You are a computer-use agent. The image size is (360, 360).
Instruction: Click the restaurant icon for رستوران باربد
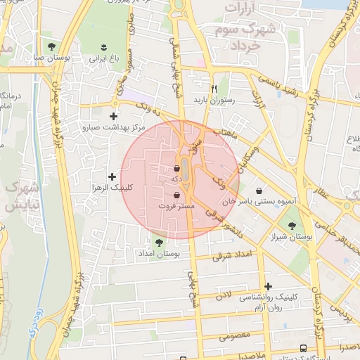215,89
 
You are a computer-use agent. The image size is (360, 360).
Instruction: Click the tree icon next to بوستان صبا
51,46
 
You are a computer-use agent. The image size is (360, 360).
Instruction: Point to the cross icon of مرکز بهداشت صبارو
113,116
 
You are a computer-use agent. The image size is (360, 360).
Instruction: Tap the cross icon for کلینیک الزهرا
112,175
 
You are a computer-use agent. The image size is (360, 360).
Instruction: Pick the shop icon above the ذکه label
176,168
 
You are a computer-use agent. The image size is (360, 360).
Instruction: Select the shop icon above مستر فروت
176,195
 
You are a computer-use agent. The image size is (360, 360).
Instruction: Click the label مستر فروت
176,207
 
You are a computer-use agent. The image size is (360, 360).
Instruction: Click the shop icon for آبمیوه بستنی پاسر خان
259,190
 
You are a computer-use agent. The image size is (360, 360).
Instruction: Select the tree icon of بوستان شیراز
292,226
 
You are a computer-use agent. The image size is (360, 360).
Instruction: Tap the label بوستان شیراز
292,238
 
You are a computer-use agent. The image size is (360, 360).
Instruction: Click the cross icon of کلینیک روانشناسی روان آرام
268,285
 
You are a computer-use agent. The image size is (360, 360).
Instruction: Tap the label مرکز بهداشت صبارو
113,128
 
